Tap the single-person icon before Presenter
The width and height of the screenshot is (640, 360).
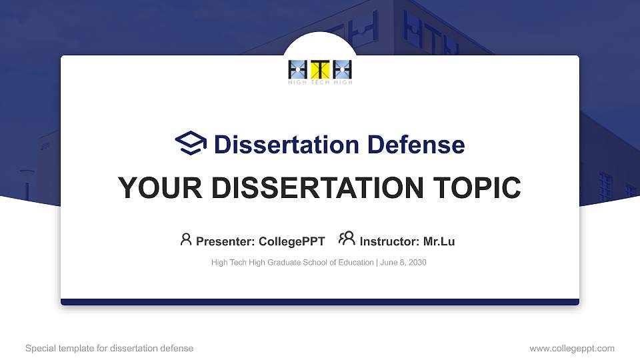pyautogui.click(x=186, y=239)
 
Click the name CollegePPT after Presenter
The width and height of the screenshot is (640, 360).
pyautogui.click(x=291, y=241)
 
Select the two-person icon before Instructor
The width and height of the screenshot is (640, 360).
pyautogui.click(x=347, y=239)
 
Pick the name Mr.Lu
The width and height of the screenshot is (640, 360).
pyautogui.click(x=439, y=241)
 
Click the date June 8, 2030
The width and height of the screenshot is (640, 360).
pyautogui.click(x=404, y=263)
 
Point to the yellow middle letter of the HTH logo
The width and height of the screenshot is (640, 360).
pyautogui.click(x=320, y=69)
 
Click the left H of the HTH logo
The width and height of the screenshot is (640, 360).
pyautogui.click(x=298, y=69)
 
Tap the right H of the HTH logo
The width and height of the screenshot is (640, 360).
pyautogui.click(x=342, y=69)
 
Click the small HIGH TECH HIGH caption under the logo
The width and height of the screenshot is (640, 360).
pyautogui.click(x=320, y=83)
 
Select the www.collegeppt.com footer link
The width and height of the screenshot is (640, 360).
pyautogui.click(x=571, y=348)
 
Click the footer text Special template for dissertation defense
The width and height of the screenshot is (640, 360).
pyautogui.click(x=109, y=348)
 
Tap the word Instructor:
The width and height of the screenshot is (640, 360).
pyautogui.click(x=389, y=241)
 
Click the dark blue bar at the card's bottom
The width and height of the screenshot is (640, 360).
pyautogui.click(x=320, y=302)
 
